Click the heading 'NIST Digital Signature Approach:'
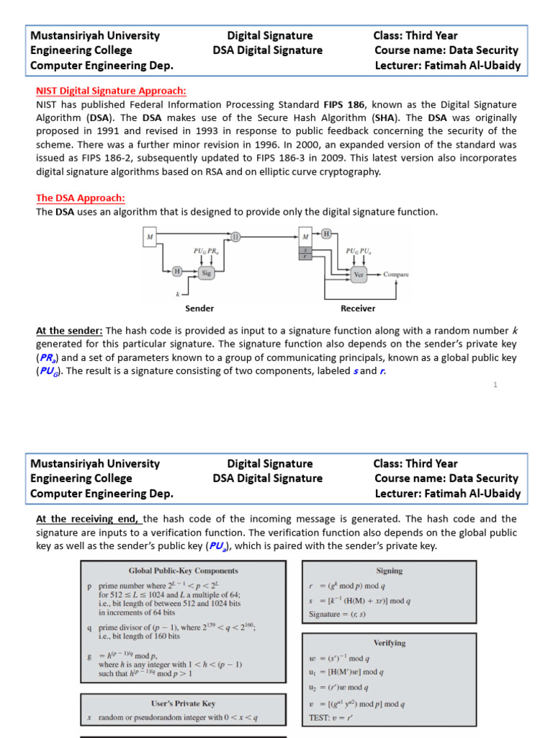click(x=111, y=91)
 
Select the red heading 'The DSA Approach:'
click(x=81, y=197)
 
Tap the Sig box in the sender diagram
click(x=206, y=273)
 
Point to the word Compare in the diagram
click(x=396, y=274)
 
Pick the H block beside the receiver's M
click(x=326, y=234)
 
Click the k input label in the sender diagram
click(x=177, y=294)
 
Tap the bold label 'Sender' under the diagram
click(x=199, y=308)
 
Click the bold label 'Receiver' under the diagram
click(x=358, y=308)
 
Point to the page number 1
click(x=495, y=385)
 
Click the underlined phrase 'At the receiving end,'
click(x=88, y=519)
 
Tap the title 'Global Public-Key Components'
click(x=183, y=571)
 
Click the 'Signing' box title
click(x=389, y=570)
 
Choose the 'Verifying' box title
click(x=389, y=642)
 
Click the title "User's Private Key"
click(x=183, y=703)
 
